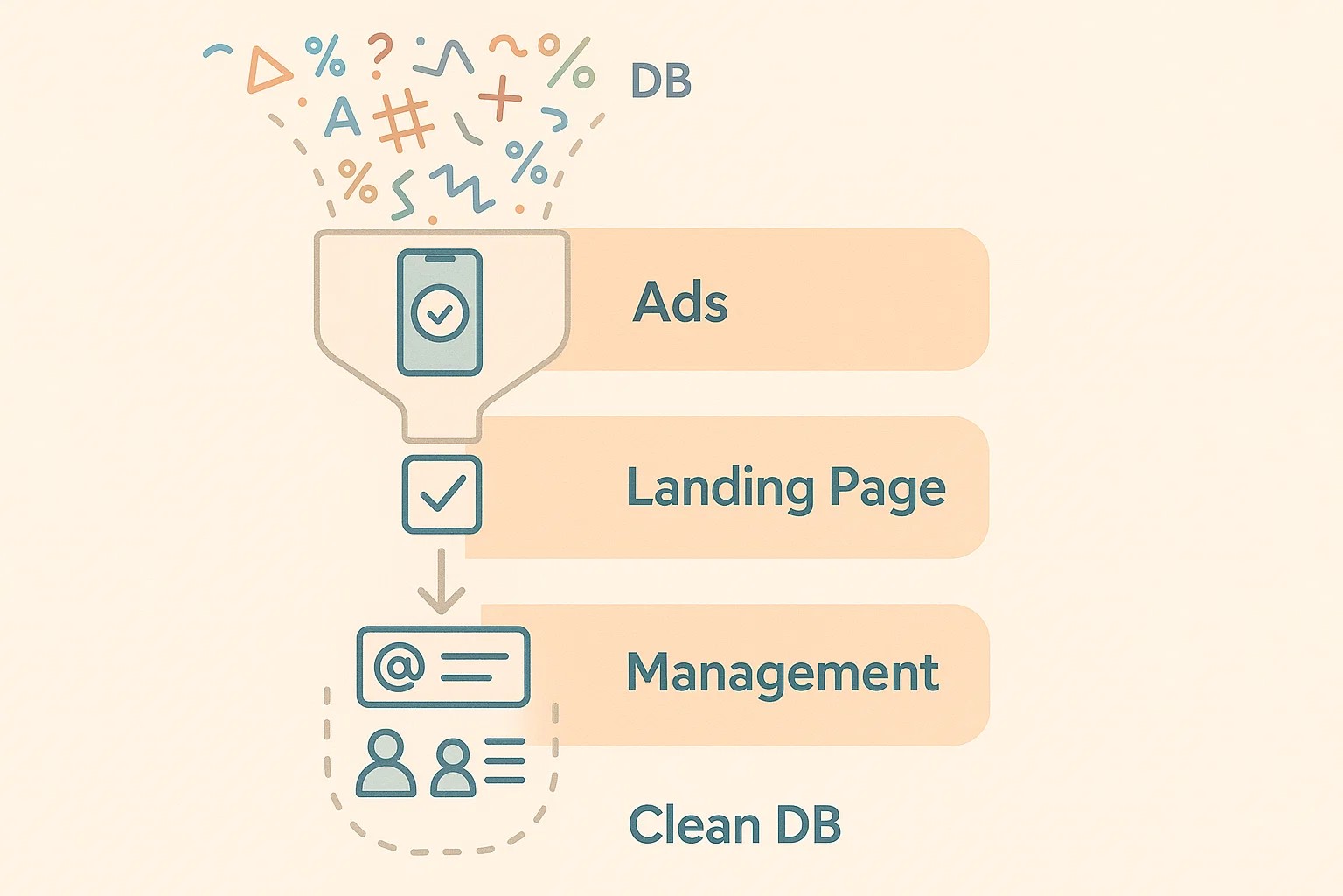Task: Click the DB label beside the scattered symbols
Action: coord(660,81)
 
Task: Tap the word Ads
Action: coord(680,303)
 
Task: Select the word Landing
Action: coord(720,488)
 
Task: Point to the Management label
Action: coord(783,673)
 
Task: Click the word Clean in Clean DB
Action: coord(694,825)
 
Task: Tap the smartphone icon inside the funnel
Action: coord(440,312)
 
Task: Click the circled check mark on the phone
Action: coord(440,312)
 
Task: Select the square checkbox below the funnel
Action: coord(442,494)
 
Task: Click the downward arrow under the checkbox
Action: coord(442,583)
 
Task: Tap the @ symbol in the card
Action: coord(399,667)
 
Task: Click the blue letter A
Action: coord(342,116)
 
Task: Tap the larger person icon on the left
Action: coord(386,764)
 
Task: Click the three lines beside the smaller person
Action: coord(504,760)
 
